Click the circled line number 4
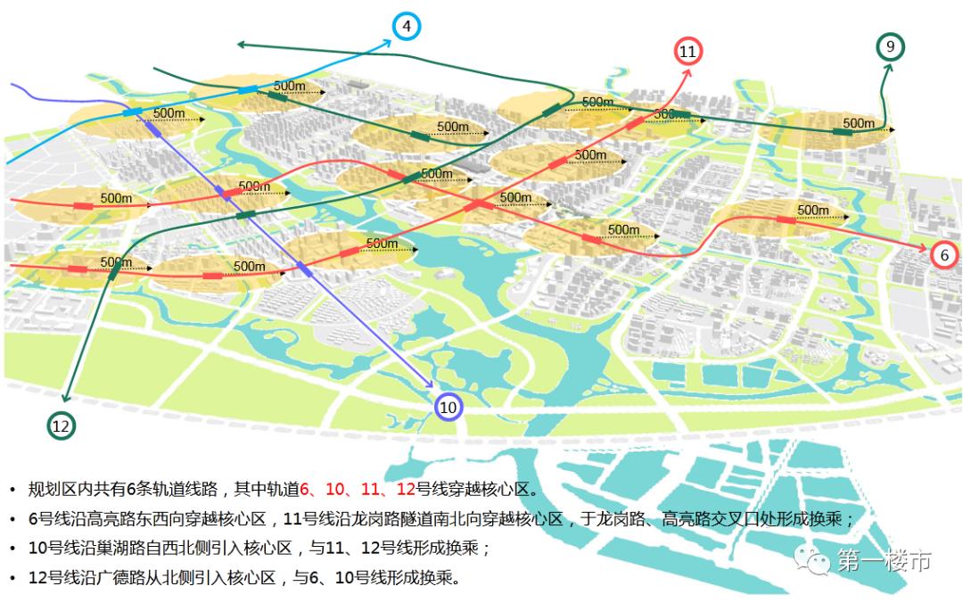406,26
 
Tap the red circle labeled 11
687,52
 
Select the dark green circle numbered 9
891,46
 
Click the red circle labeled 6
944,255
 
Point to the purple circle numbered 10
449,408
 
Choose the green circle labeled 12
61,426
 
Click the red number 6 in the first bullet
304,489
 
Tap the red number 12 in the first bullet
406,489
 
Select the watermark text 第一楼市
884,561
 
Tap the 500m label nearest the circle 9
859,122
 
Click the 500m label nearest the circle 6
812,210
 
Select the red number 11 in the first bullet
369,489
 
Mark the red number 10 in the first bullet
335,489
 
